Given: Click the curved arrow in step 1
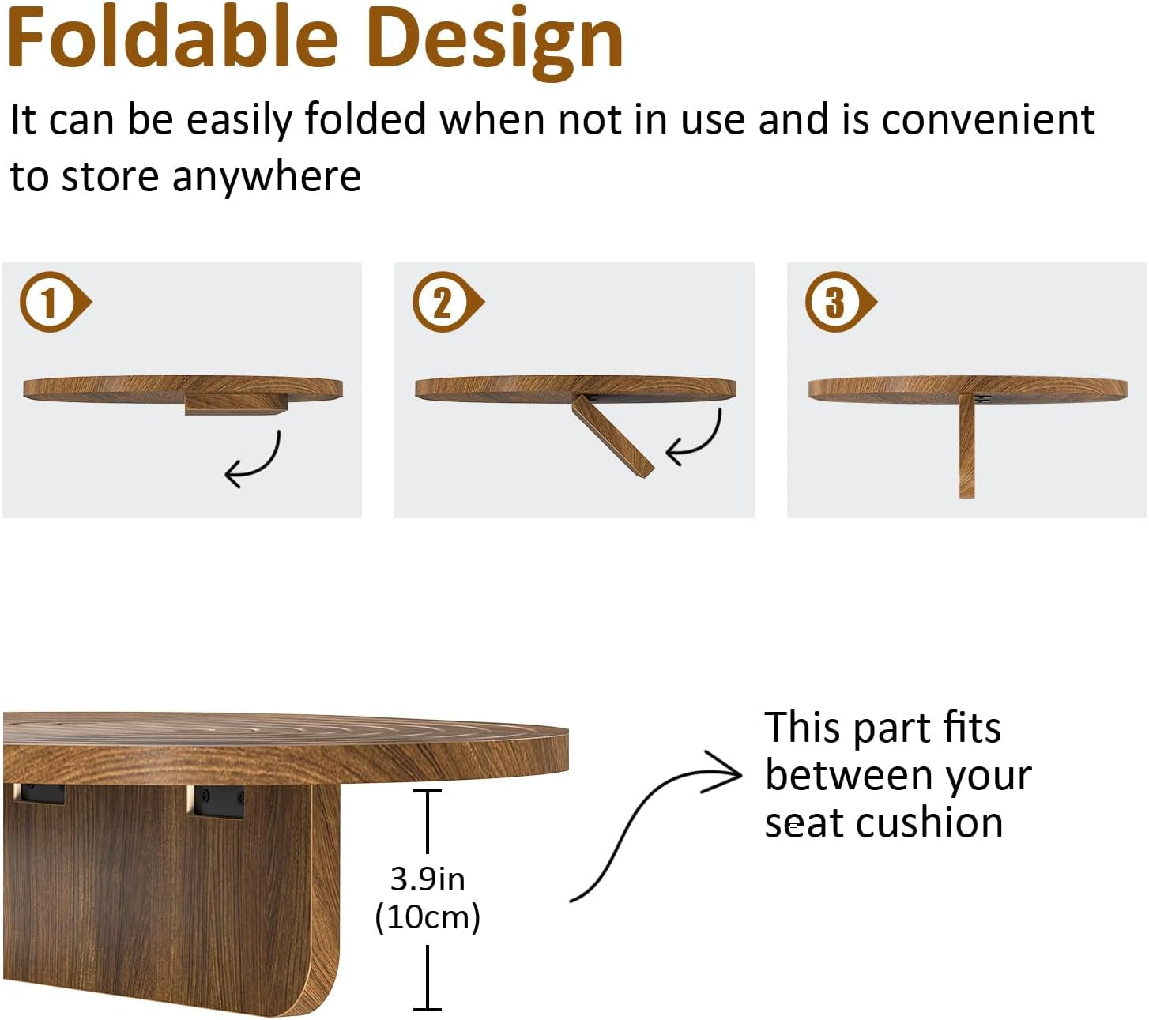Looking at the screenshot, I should pyautogui.click(x=254, y=460).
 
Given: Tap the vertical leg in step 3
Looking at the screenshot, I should pyautogui.click(x=966, y=446).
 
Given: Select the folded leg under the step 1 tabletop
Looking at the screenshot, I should pyautogui.click(x=235, y=404).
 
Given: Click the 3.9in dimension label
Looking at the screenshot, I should pyautogui.click(x=428, y=879).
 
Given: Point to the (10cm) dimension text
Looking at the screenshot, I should pyautogui.click(x=428, y=917).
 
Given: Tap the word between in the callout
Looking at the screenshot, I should pyautogui.click(x=849, y=776).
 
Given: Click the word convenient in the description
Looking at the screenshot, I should pyautogui.click(x=988, y=120).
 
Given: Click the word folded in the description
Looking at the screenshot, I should pyautogui.click(x=366, y=120).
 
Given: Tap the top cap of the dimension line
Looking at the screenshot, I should pyautogui.click(x=428, y=791).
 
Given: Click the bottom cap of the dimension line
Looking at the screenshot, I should pyautogui.click(x=428, y=1009).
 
